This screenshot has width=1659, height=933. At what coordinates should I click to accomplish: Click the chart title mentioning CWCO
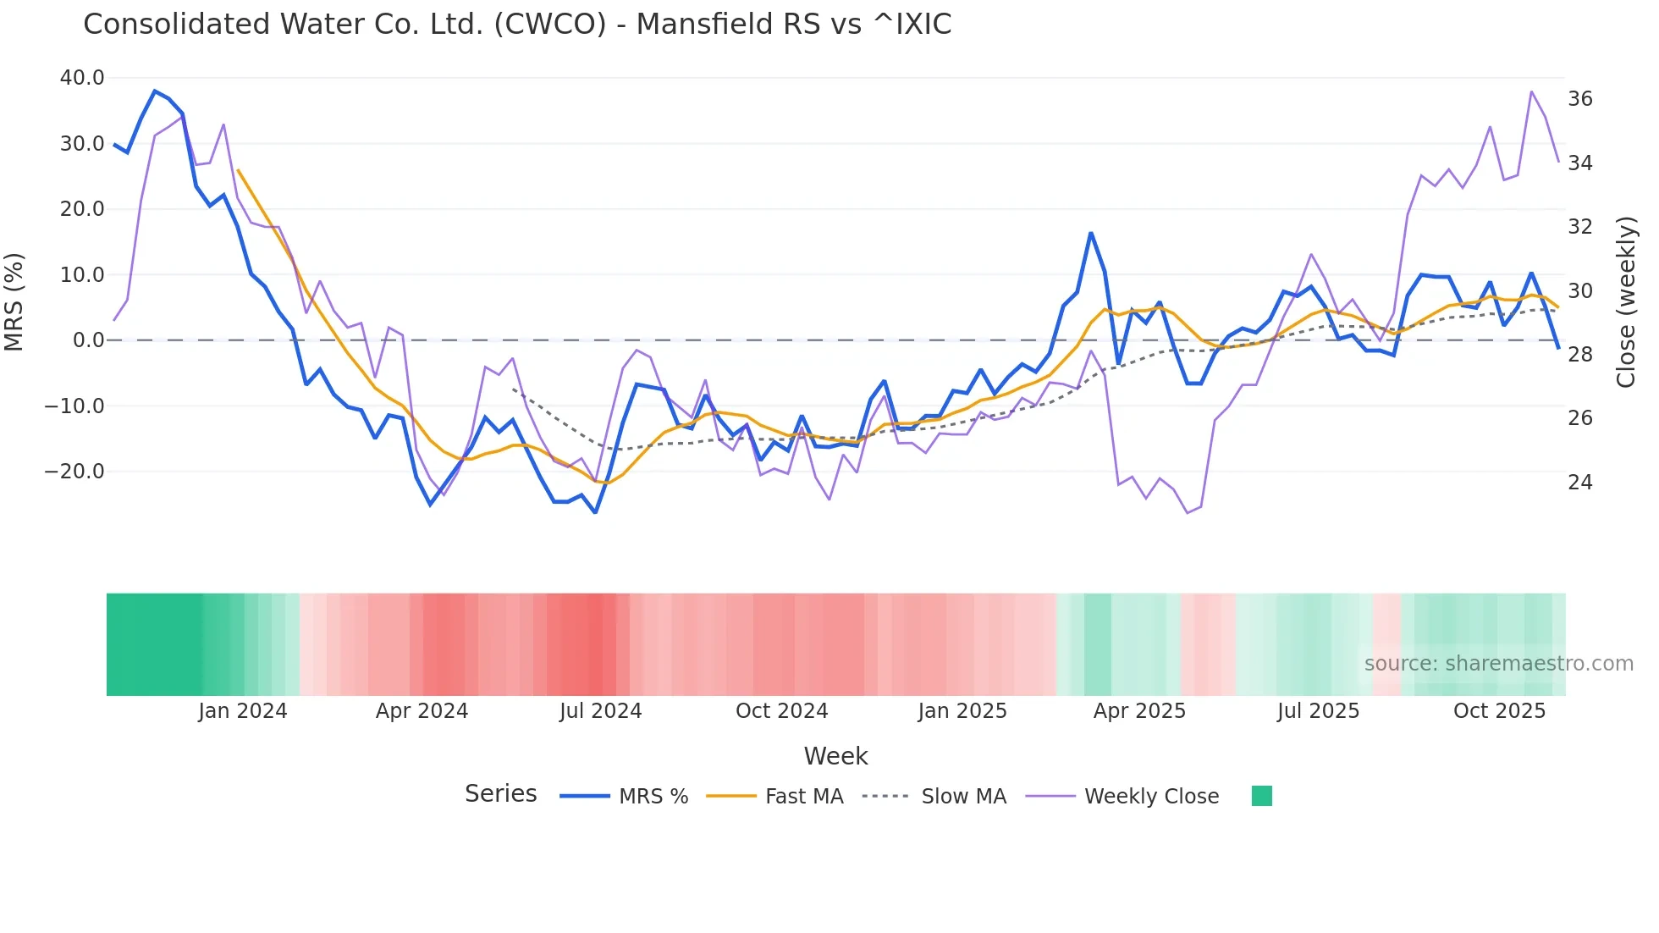coord(517,24)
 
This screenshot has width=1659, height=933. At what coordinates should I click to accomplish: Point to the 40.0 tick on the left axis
coord(82,78)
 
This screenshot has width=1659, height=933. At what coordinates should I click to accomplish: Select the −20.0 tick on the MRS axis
coord(74,472)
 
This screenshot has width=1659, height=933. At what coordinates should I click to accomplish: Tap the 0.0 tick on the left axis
coord(89,340)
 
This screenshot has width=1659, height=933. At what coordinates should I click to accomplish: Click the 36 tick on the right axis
coord(1579,99)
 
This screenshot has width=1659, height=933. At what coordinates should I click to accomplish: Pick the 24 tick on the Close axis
coord(1579,483)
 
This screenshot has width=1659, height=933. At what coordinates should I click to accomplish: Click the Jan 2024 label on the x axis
coord(243,711)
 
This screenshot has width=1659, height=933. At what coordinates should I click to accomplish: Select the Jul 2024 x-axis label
coord(601,711)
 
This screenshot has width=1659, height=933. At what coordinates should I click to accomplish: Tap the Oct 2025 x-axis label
coord(1499,711)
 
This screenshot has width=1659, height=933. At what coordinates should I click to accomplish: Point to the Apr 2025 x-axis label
coord(1139,711)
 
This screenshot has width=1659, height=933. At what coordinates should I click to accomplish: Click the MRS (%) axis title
coord(14,301)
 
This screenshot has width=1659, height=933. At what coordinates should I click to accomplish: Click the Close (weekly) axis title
coord(1626,301)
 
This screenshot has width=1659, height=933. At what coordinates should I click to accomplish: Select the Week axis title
coord(835,756)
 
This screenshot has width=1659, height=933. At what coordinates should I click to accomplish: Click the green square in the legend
coord(1261,796)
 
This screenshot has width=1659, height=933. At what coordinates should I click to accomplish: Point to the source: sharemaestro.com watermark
coord(1498,664)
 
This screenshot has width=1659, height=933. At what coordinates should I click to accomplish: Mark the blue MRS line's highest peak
coord(155,91)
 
